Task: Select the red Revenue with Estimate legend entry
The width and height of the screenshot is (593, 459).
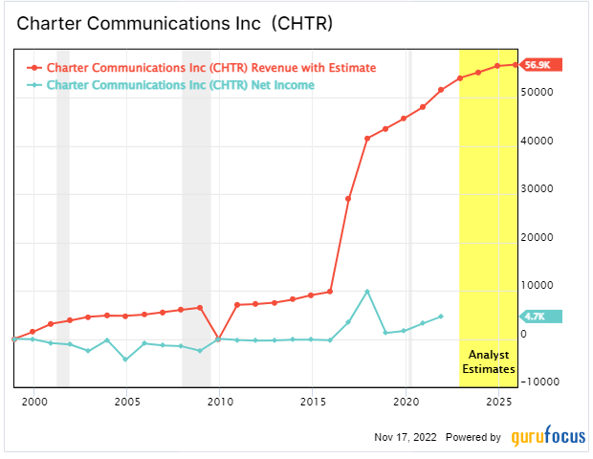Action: (x=210, y=68)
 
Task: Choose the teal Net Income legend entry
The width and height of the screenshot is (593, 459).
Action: (x=180, y=85)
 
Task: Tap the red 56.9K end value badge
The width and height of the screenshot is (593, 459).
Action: (x=542, y=64)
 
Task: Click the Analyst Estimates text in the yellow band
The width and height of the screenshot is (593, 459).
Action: (x=488, y=360)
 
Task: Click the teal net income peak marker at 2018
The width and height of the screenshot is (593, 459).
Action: (x=367, y=292)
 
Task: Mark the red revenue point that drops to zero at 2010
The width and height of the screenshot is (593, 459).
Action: (x=220, y=339)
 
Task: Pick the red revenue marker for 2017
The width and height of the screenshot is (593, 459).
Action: (x=348, y=198)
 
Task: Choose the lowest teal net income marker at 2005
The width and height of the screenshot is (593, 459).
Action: (x=126, y=360)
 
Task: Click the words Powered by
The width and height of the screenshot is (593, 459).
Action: (x=474, y=437)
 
